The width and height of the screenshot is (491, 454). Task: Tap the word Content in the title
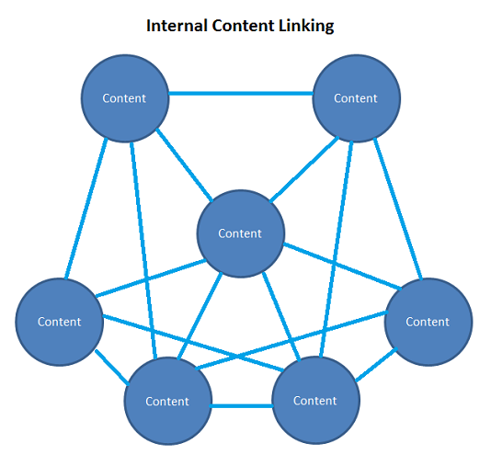[244, 26]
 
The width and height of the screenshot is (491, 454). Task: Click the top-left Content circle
[125, 98]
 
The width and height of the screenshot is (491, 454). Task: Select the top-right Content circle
[357, 98]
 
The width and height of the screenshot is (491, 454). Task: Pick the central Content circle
[240, 233]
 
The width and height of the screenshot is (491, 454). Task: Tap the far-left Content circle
[59, 322]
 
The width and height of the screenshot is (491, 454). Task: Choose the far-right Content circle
[428, 322]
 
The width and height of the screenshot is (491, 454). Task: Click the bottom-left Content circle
[167, 401]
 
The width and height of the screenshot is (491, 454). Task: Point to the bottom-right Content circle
[315, 401]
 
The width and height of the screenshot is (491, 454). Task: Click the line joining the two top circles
[241, 93]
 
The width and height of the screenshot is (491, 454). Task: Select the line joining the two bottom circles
[241, 405]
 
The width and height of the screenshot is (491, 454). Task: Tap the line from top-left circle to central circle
[183, 166]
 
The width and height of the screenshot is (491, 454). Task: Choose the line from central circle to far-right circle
[337, 264]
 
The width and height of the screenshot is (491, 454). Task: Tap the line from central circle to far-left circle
[147, 279]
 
